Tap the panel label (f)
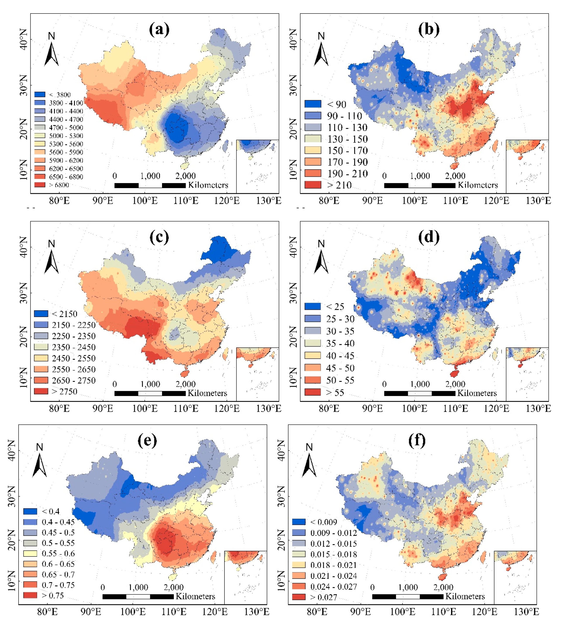pos(417,441)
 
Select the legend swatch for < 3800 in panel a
pos(40,95)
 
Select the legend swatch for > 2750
pos(41,391)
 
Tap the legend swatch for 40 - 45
pos(312,355)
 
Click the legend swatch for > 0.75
pos(30,595)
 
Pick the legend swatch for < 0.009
pos(299,522)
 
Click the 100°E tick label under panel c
pos(145,409)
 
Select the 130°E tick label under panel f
pos(526,612)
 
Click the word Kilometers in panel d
pos(477,393)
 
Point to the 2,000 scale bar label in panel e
pos(174,587)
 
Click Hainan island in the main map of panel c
pos(185,374)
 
